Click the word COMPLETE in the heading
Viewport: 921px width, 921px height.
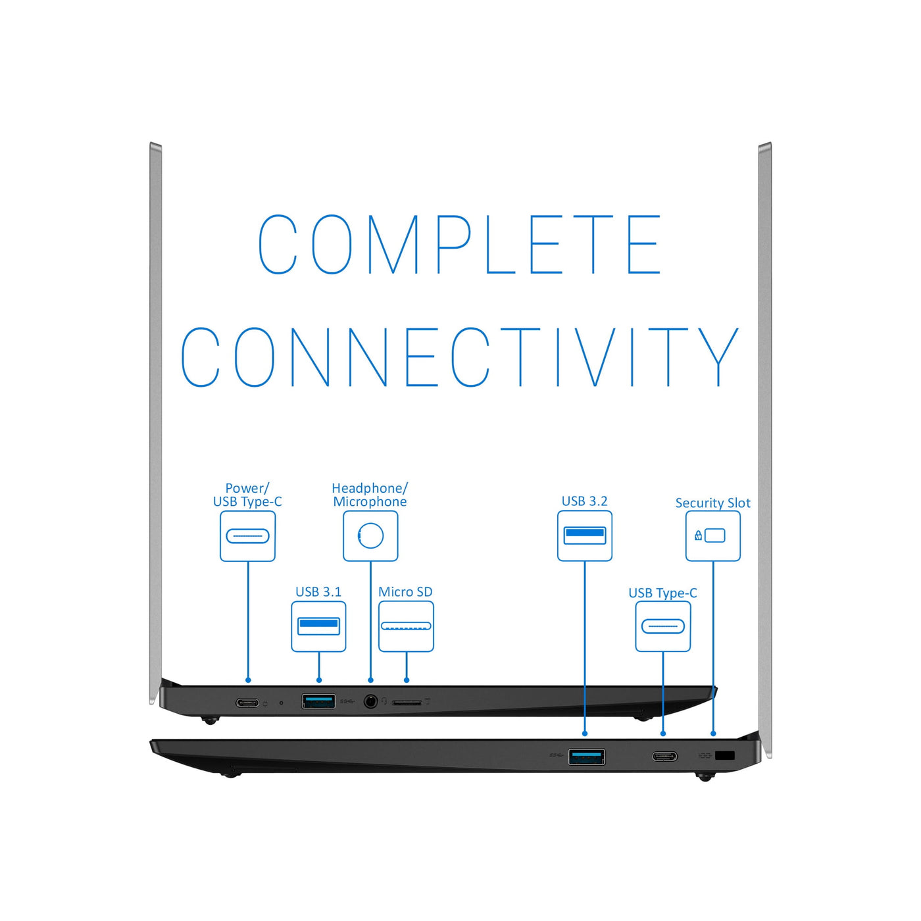459,244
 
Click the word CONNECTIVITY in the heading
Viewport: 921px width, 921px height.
459,357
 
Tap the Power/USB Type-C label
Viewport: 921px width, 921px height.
247,495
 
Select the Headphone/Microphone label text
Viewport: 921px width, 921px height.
370,495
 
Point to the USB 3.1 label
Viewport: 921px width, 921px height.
318,592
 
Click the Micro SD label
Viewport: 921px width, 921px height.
405,592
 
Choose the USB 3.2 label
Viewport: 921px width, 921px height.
584,501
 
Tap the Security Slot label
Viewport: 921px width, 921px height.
712,503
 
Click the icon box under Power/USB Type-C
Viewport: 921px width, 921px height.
247,536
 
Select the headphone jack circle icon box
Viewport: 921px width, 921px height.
370,536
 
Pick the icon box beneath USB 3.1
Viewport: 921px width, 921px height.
318,626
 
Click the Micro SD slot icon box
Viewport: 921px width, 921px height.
406,626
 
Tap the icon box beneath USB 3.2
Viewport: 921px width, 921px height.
584,536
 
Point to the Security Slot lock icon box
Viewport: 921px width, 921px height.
712,536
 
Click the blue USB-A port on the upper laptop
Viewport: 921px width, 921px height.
318,701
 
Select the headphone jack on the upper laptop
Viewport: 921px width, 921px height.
370,702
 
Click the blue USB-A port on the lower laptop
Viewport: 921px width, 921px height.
587,757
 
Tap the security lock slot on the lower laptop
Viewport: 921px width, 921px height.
724,755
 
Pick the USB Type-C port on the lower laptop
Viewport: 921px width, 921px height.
664,757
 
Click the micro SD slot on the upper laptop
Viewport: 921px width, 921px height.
407,703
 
